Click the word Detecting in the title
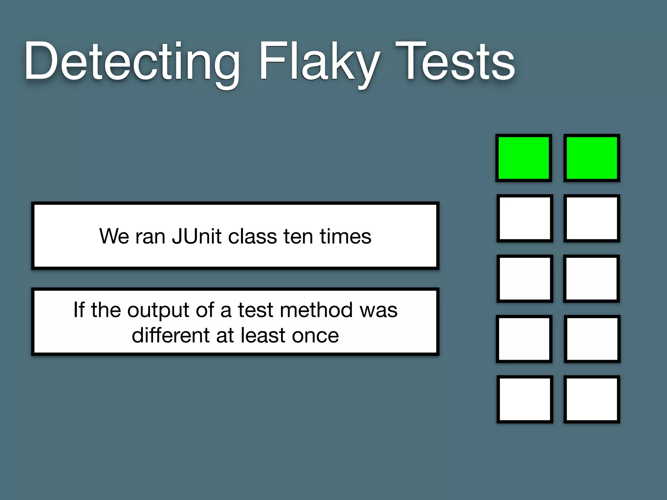pyautogui.click(x=132, y=62)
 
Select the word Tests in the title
pyautogui.click(x=455, y=62)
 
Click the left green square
pyautogui.click(x=524, y=158)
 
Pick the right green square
pyautogui.click(x=592, y=158)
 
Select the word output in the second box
pyautogui.click(x=158, y=310)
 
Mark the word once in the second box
pyautogui.click(x=315, y=336)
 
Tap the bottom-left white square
pyautogui.click(x=525, y=399)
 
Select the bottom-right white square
pyautogui.click(x=592, y=399)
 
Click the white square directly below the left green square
pyautogui.click(x=525, y=218)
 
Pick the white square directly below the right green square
pyautogui.click(x=592, y=218)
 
